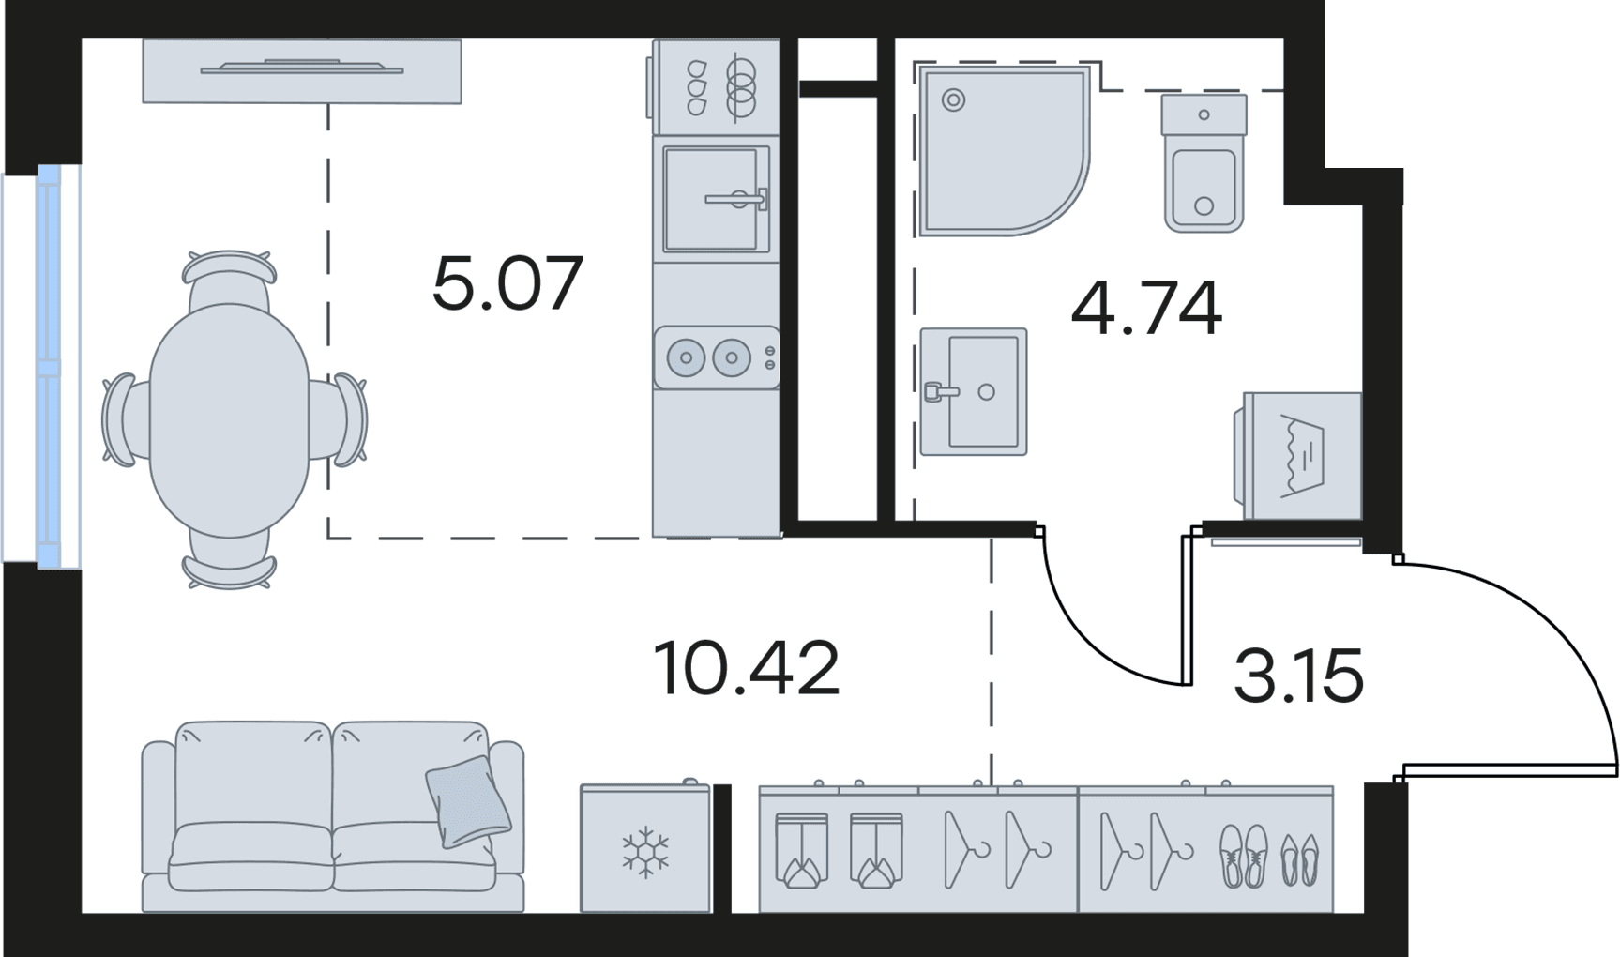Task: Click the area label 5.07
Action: [x=507, y=282]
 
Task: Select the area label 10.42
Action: [x=746, y=668]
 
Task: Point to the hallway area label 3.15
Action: [x=1298, y=676]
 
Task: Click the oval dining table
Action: [x=230, y=420]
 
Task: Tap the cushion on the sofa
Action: [x=468, y=801]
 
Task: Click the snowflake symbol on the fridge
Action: [x=645, y=853]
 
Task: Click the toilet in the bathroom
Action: [x=1204, y=162]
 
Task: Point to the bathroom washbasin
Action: [x=974, y=391]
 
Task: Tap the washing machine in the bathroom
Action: [x=1297, y=455]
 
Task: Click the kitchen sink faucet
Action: [x=737, y=199]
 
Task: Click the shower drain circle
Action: [x=953, y=99]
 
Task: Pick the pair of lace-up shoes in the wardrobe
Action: [x=1243, y=855]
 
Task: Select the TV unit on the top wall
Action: [x=302, y=70]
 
